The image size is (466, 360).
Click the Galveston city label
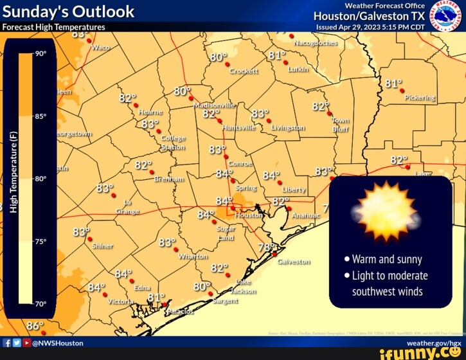tap(294, 262)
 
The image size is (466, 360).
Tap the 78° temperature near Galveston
tap(267, 248)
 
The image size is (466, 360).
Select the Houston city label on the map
tap(249, 215)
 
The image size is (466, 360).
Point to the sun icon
tap(386, 212)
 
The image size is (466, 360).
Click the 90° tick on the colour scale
tap(40, 54)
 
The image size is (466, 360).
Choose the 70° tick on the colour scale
tap(40, 303)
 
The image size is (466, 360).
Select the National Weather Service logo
tap(447, 15)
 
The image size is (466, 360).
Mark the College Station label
tap(173, 142)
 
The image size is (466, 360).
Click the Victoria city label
tap(120, 301)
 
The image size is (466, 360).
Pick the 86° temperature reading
tap(35, 326)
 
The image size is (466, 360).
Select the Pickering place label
tap(420, 98)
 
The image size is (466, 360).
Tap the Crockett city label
tap(244, 71)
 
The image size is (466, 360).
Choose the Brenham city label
tap(170, 179)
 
